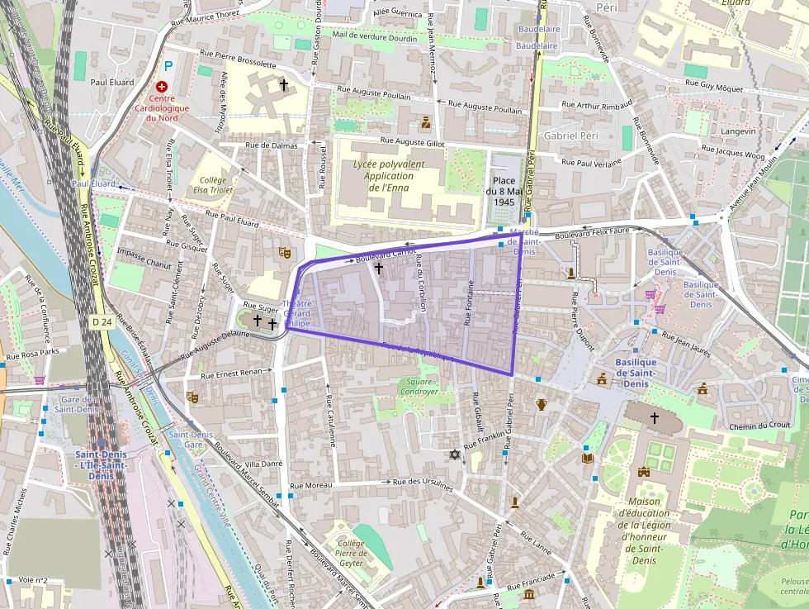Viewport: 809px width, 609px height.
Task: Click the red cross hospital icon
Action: point(162,86)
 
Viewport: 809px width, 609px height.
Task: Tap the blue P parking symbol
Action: point(169,65)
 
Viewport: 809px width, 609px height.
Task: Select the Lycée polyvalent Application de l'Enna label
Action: point(388,176)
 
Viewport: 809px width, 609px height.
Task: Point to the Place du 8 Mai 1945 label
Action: point(504,191)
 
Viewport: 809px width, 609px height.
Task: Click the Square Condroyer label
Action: point(419,386)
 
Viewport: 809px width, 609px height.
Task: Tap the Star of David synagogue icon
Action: point(453,454)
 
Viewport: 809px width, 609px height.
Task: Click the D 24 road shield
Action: point(102,321)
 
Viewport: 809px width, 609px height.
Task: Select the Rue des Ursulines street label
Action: point(423,484)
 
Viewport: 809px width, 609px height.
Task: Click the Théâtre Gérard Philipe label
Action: point(297,314)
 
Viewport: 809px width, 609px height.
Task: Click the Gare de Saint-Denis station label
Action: point(77,404)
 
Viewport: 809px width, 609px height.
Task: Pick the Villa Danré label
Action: point(264,464)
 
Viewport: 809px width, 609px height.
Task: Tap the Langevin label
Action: point(738,131)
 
